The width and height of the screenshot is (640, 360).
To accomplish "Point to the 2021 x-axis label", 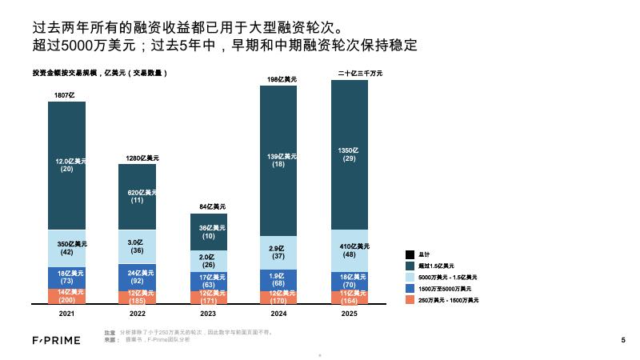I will [67, 314].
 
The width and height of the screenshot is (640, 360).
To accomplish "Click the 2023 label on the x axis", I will [208, 314].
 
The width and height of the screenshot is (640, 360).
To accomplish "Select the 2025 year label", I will [350, 314].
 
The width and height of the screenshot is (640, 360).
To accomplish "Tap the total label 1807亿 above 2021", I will [64, 96].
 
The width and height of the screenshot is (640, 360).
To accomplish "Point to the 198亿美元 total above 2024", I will [282, 79].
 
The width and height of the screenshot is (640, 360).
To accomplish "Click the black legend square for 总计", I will [410, 254].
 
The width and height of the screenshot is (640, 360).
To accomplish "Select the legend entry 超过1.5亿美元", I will [436, 266].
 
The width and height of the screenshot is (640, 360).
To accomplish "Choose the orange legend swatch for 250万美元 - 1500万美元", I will [410, 299].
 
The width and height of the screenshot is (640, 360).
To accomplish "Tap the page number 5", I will [622, 340].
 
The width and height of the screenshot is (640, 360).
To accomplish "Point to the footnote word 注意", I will [110, 331].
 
